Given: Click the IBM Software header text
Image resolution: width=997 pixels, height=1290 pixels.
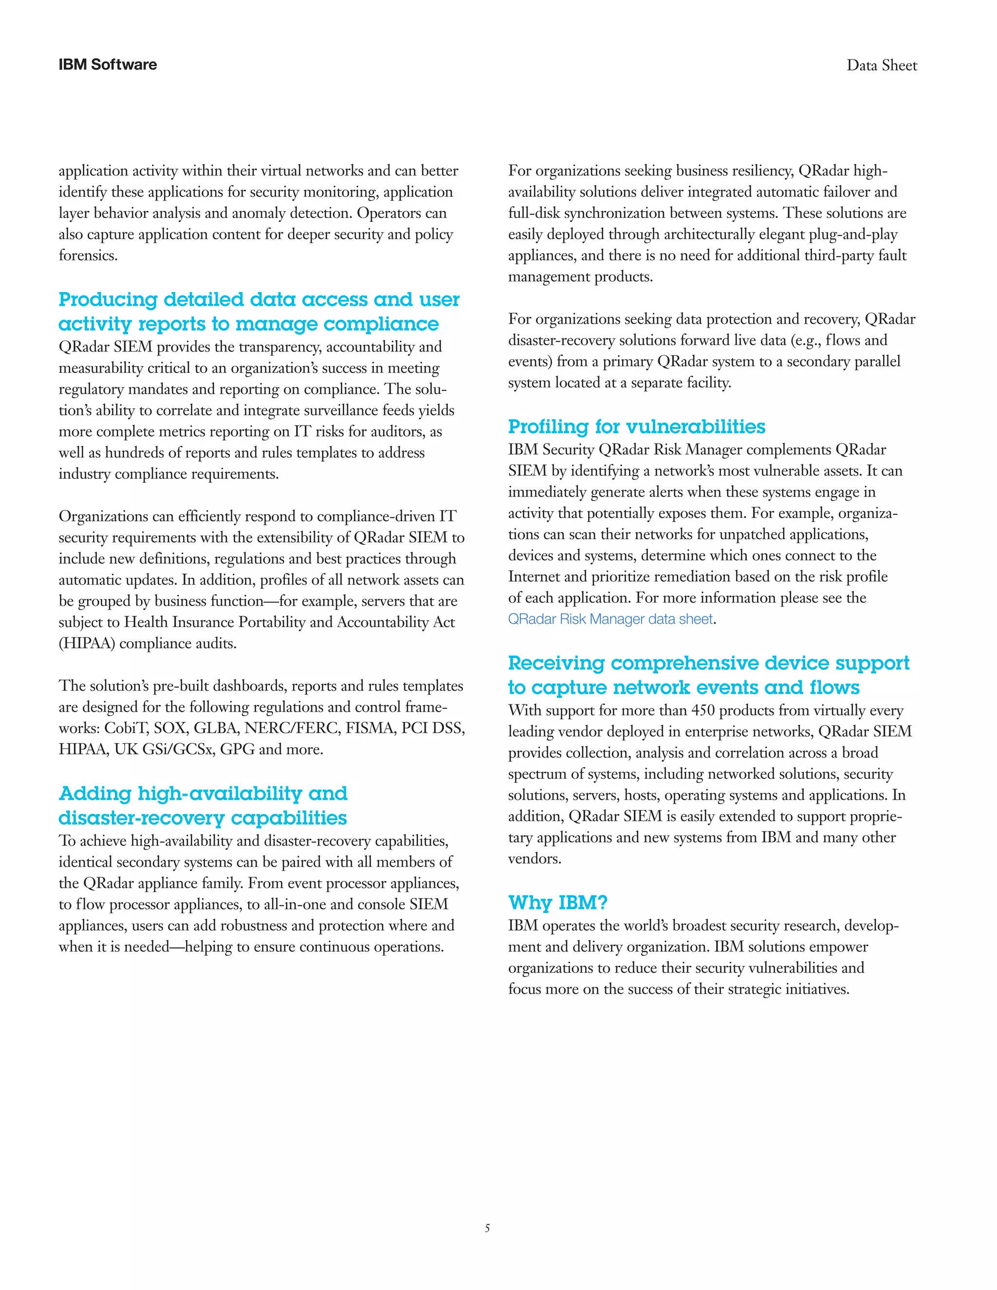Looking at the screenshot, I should (108, 65).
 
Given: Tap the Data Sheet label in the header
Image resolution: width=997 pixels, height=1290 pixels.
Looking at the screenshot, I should (881, 66).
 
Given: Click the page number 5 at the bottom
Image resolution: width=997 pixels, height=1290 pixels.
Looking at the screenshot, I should (487, 1228).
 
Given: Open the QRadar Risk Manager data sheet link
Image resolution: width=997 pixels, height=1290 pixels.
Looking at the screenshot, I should (610, 619).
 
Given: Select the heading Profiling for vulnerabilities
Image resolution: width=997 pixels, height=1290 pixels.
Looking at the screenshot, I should (636, 426).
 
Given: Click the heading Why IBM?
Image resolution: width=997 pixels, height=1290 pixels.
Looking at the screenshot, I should (557, 903).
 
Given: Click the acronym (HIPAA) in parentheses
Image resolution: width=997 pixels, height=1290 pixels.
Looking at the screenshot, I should (87, 643).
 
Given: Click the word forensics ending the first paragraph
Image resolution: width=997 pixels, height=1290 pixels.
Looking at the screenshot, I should (88, 256).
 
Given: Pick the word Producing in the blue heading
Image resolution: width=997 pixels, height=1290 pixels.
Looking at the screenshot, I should (108, 299).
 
